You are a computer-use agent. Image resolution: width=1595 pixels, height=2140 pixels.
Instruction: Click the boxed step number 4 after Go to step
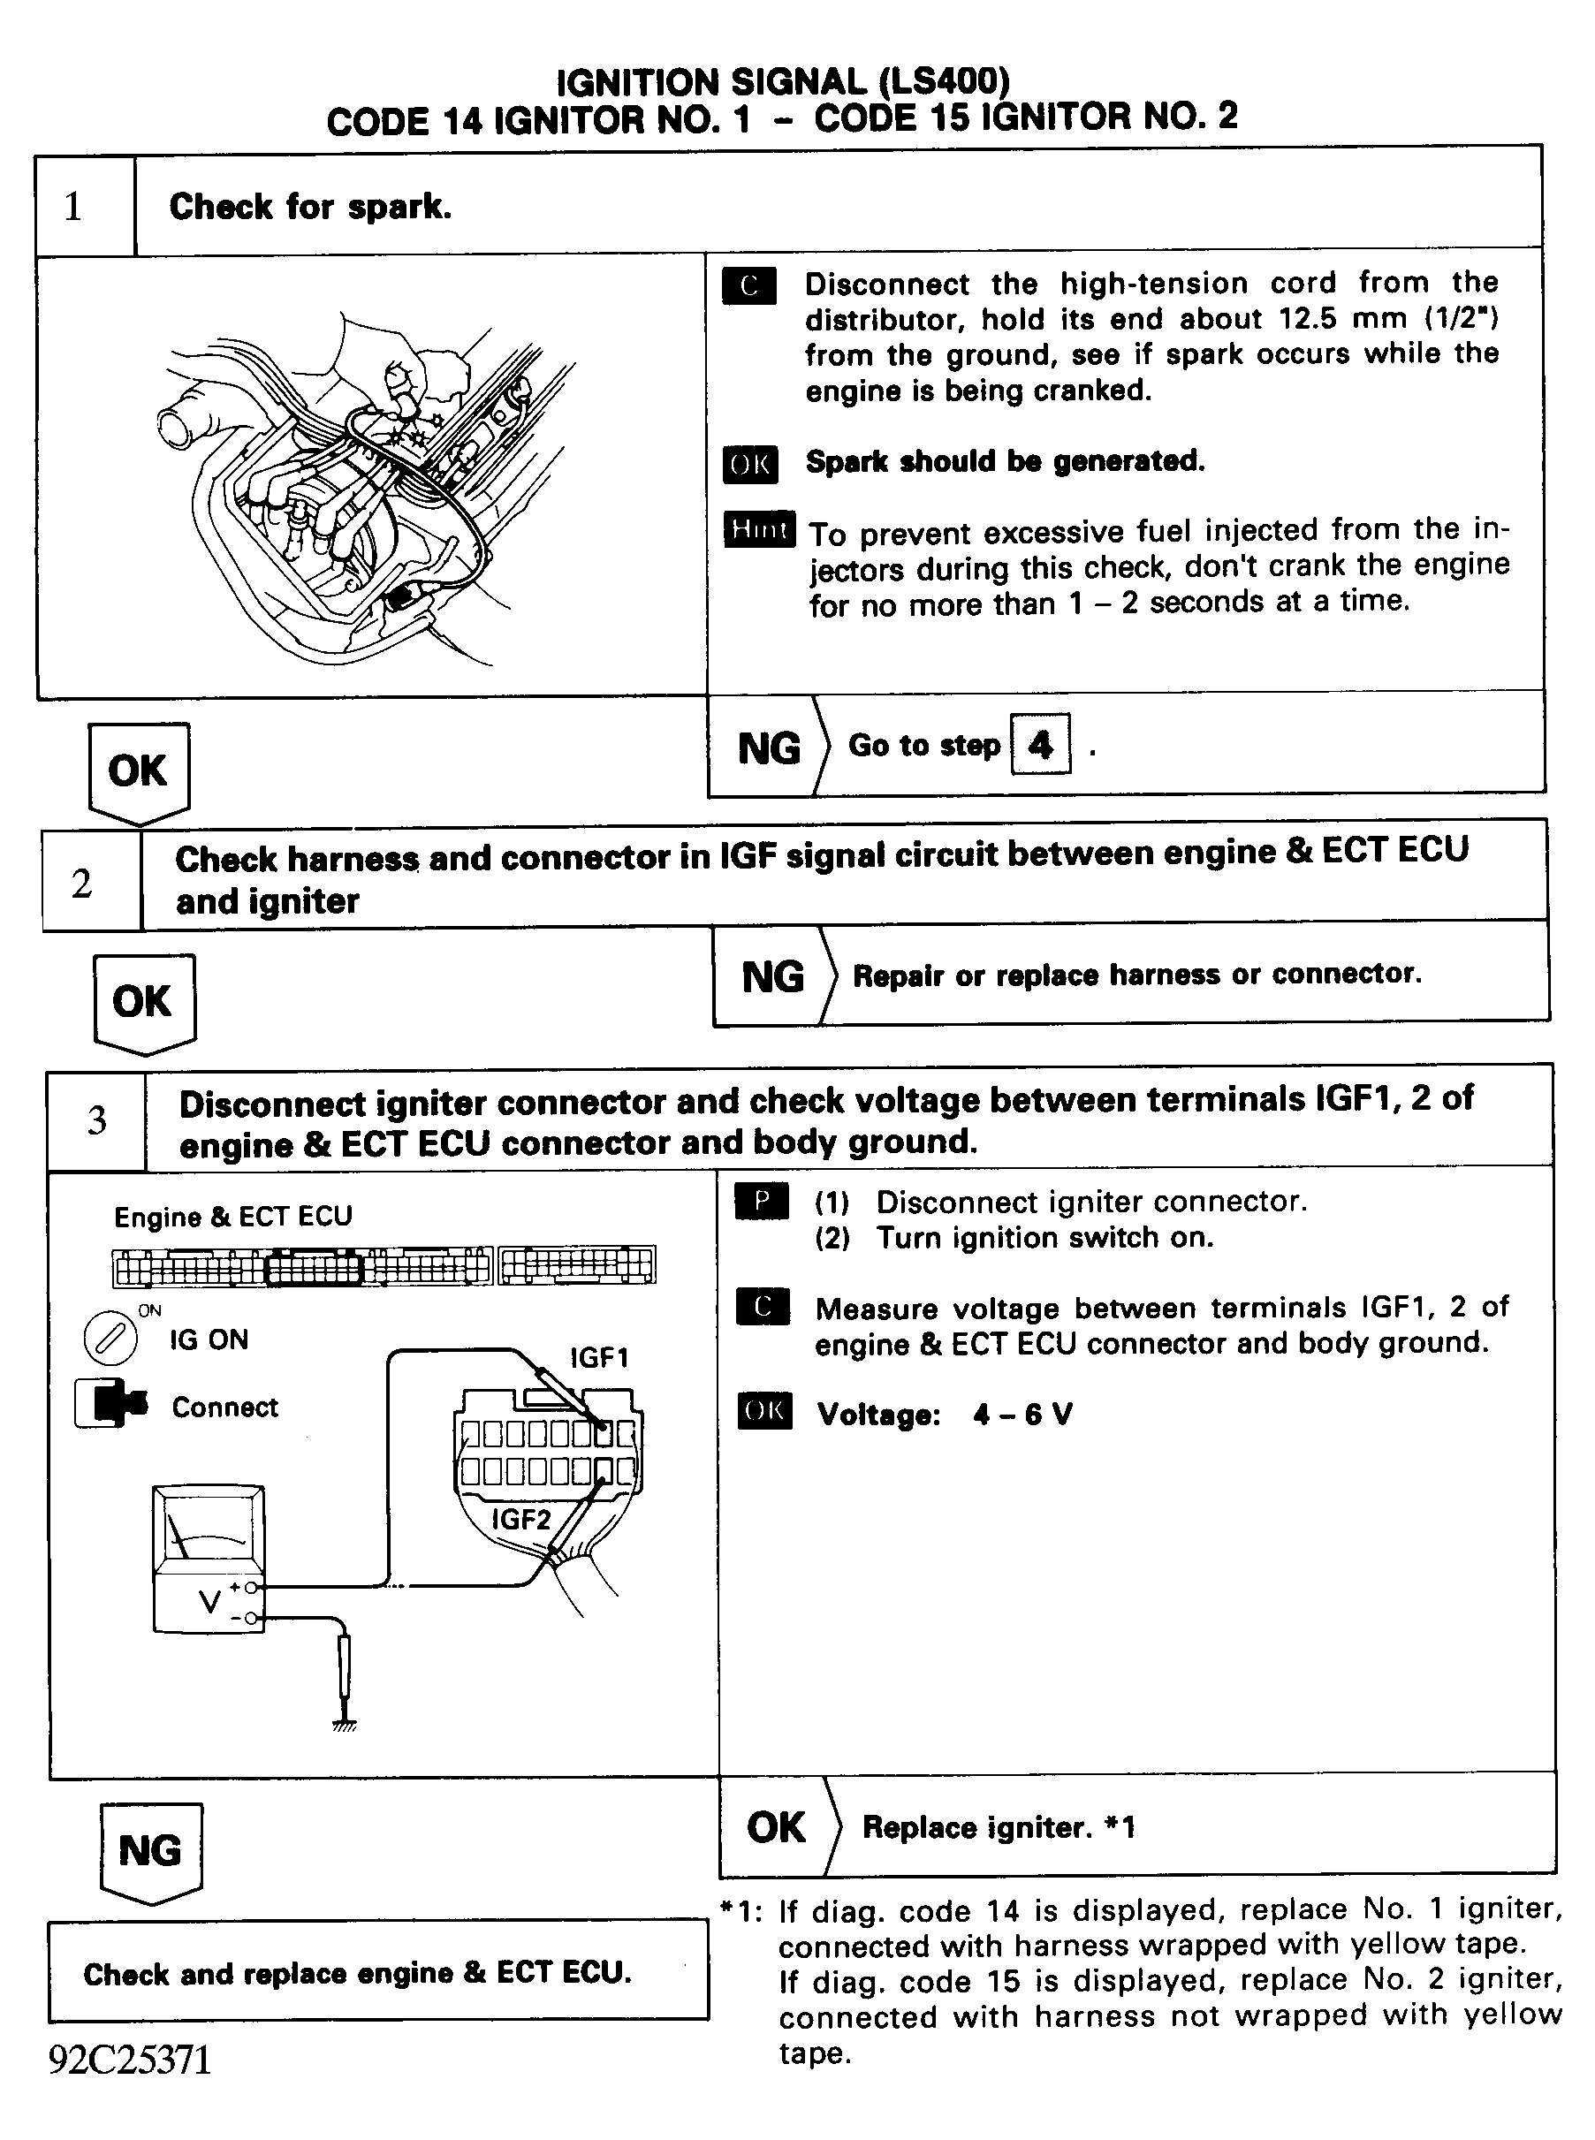tap(1040, 744)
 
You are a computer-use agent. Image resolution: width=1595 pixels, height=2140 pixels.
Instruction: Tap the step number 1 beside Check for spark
tap(73, 207)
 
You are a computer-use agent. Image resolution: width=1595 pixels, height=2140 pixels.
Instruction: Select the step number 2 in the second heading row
tap(82, 884)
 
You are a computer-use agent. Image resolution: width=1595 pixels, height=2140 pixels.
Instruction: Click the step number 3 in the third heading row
tap(96, 1119)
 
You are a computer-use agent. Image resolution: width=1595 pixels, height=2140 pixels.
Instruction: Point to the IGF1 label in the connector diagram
tap(598, 1358)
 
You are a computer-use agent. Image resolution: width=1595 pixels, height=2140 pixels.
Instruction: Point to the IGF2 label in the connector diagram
tap(521, 1520)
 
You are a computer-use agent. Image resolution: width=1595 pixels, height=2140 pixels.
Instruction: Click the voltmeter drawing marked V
tap(209, 1558)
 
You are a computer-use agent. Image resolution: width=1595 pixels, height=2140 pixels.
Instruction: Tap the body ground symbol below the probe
tap(344, 1725)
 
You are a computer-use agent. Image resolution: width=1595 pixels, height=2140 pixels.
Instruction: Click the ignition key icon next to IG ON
tap(110, 1339)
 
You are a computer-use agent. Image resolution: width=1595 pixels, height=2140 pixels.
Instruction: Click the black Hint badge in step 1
tap(759, 529)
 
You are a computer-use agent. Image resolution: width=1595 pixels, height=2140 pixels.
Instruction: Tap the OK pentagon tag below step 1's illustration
tap(138, 772)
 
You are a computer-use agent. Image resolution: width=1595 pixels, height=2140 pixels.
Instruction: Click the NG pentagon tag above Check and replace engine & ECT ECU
tap(149, 1851)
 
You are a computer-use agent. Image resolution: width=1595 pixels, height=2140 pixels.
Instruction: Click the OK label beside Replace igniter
tap(775, 1827)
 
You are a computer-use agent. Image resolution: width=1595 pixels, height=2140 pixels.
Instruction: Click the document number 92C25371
tap(129, 2060)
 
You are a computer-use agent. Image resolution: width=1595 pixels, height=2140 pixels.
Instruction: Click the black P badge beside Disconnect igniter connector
tap(761, 1201)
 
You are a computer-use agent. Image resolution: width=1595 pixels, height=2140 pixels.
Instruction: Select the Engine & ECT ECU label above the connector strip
tap(232, 1217)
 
